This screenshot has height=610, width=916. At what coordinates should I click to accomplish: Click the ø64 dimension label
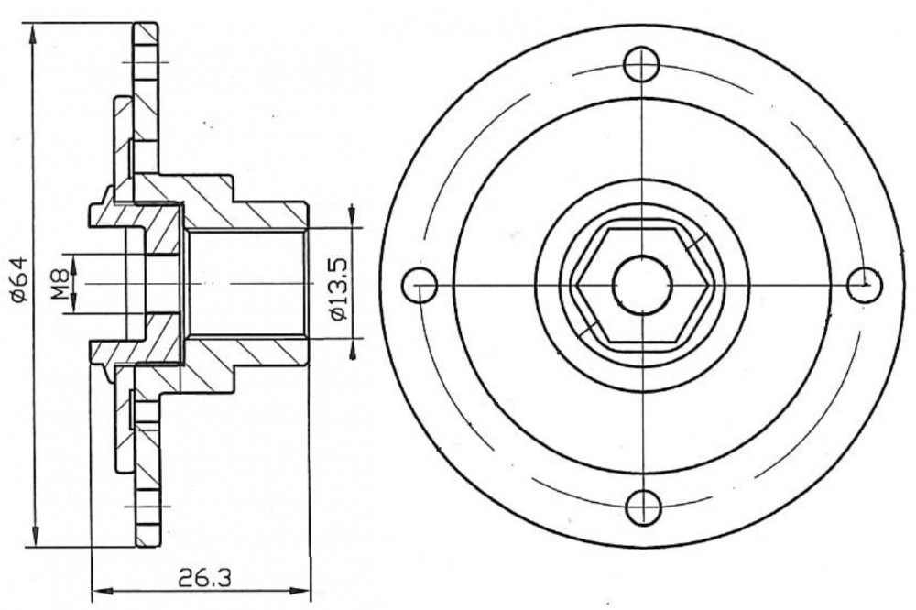(19, 279)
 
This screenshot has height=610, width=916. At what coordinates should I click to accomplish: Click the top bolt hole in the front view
(641, 64)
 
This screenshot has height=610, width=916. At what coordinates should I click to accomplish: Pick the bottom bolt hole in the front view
(642, 507)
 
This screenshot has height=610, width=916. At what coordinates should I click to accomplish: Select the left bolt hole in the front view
(420, 285)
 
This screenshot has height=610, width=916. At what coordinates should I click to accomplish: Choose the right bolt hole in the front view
(865, 285)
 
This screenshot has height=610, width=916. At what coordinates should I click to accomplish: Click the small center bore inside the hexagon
(642, 285)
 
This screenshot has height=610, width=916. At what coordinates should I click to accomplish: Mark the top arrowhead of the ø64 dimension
(34, 35)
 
